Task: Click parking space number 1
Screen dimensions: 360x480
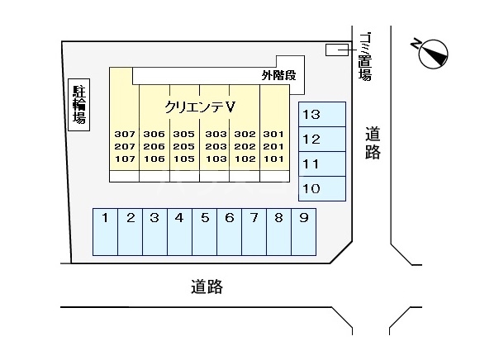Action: tap(106, 230)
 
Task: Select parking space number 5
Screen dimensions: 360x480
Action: tap(204, 230)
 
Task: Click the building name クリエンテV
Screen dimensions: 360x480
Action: tap(201, 107)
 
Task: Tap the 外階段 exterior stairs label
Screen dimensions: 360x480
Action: tap(278, 75)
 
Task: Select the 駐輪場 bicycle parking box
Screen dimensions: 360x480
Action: tap(78, 103)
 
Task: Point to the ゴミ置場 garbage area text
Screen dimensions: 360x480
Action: tap(364, 57)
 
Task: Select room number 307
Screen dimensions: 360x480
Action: tap(125, 135)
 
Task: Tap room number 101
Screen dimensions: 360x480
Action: tap(273, 159)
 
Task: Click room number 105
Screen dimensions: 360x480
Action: tap(183, 159)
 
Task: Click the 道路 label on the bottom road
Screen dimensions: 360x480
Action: tap(207, 287)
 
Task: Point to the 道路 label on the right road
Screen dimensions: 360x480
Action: tap(373, 143)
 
